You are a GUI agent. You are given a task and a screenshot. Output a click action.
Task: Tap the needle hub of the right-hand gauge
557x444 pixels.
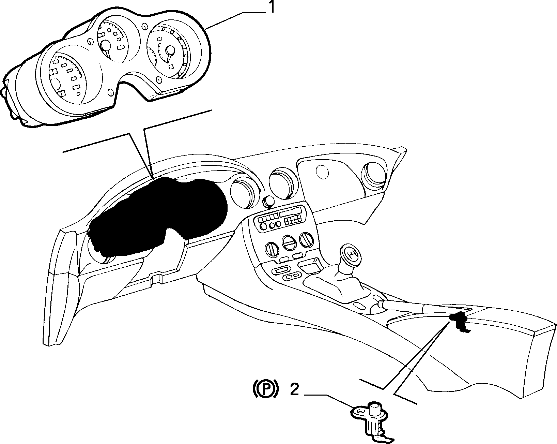170,50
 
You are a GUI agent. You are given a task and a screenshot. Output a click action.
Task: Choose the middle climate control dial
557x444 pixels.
289,242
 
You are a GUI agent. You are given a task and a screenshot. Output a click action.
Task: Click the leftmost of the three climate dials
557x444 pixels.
272,249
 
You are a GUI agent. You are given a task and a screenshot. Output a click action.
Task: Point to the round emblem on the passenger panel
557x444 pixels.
322,172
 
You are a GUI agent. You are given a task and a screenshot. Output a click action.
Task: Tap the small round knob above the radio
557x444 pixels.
268,202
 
